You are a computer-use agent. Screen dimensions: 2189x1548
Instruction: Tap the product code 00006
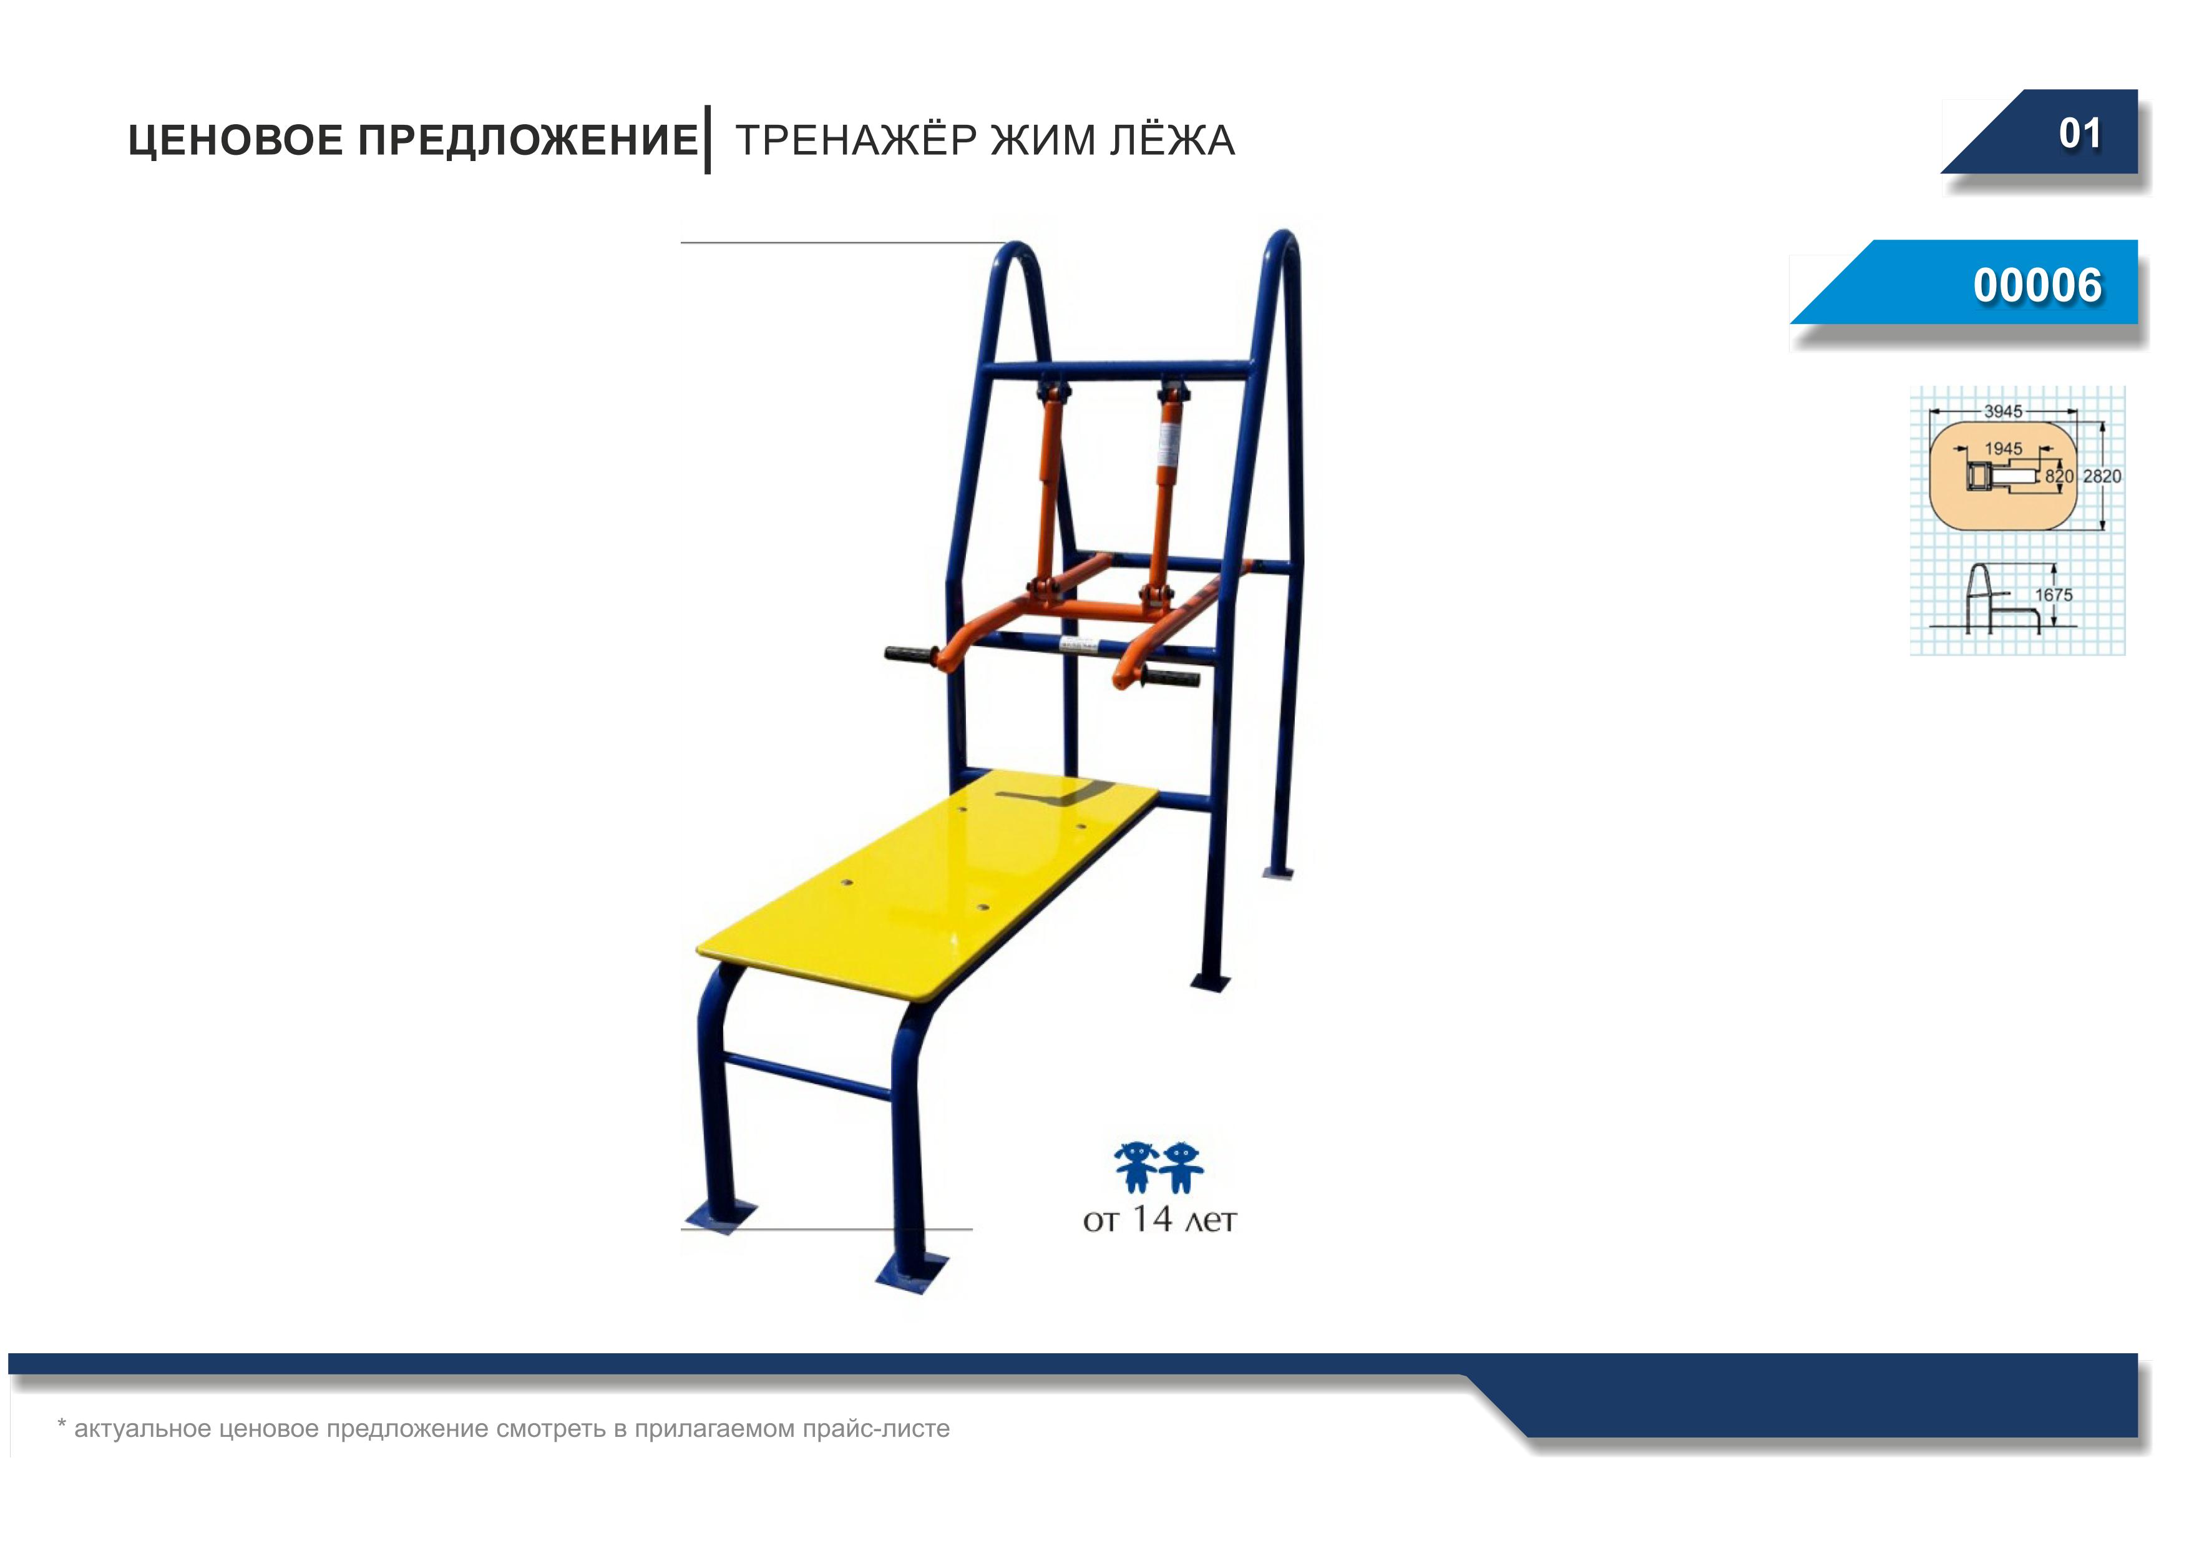[x=2037, y=285]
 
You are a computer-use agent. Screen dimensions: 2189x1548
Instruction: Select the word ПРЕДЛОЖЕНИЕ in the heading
[x=528, y=140]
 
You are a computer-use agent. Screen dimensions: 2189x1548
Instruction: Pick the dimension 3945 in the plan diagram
[x=2003, y=411]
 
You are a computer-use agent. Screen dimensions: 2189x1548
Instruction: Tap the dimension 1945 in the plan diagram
[x=2003, y=448]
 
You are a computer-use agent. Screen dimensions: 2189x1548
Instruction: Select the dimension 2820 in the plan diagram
[x=2102, y=476]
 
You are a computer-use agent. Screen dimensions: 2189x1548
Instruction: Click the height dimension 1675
[x=2054, y=594]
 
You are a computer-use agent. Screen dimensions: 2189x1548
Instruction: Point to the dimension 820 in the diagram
[x=2059, y=476]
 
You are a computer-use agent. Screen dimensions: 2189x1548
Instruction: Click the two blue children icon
[x=1158, y=1167]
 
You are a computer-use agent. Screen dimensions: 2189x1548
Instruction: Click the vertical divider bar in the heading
[x=708, y=140]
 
